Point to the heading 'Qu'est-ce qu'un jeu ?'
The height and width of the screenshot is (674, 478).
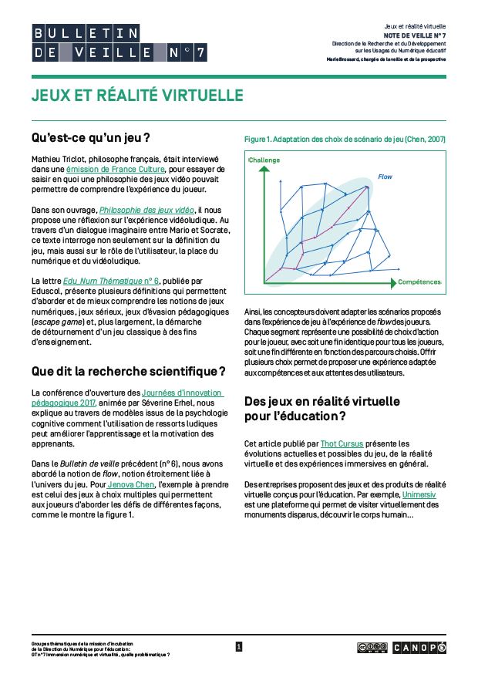click(x=90, y=137)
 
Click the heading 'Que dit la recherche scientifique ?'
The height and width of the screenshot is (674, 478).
click(x=129, y=371)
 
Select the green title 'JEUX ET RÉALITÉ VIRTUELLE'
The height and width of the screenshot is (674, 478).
click(x=137, y=95)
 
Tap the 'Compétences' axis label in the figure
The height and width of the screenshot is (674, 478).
click(x=420, y=282)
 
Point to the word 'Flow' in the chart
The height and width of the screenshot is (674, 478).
click(x=384, y=177)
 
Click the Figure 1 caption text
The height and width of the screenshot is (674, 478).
click(x=345, y=140)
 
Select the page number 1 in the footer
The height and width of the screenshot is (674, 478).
click(x=239, y=647)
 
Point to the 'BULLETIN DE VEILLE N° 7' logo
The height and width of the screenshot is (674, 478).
click(x=119, y=42)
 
